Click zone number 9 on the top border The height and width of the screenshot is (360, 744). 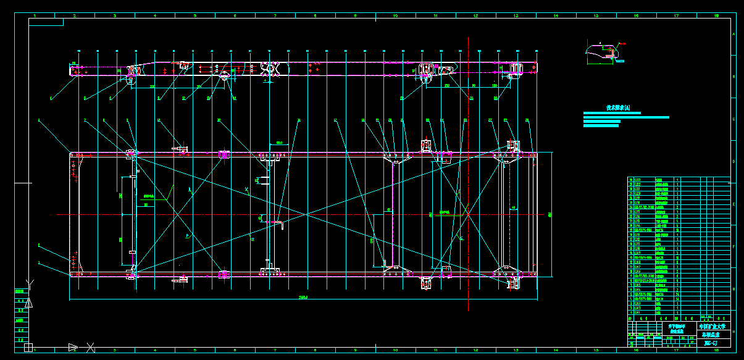click(355, 15)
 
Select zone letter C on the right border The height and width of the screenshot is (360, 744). click(734, 119)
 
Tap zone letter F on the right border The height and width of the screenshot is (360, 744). click(734, 246)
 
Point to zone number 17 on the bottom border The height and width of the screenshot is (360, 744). click(676, 350)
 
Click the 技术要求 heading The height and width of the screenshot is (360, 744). click(618, 107)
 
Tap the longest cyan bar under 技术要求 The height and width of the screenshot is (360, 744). click(626, 117)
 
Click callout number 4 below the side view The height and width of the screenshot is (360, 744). click(51, 98)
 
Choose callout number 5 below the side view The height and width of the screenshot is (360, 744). click(85, 98)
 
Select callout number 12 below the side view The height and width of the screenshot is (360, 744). click(183, 98)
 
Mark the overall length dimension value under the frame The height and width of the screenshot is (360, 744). click(303, 298)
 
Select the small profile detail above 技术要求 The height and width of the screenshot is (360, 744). click(605, 52)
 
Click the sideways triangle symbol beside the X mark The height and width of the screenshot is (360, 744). click(73, 347)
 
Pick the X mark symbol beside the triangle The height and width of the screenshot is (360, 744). click(90, 347)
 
